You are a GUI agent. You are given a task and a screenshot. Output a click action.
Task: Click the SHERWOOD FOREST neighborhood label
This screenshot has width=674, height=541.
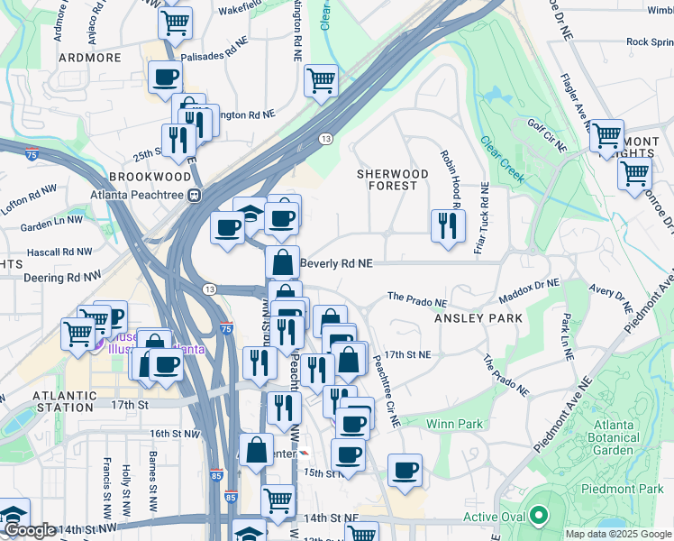[x=392, y=179]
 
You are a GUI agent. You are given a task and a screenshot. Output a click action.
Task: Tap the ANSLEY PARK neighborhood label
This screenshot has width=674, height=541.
[x=473, y=318]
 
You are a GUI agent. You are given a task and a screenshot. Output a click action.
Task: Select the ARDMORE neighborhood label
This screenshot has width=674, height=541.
[x=89, y=57]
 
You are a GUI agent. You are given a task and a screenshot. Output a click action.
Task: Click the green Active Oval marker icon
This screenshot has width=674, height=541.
[x=539, y=516]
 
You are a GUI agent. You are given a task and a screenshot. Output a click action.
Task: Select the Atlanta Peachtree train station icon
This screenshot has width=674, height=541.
[x=193, y=194]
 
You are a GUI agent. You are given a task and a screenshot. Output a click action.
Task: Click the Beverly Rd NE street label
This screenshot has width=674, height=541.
[x=336, y=263]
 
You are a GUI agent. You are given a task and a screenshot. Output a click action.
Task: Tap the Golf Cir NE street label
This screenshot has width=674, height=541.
[x=547, y=133]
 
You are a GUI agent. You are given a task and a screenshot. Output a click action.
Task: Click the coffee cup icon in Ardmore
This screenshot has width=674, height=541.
[x=165, y=78]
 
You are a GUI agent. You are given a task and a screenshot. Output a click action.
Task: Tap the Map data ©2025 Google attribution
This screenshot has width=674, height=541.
[x=617, y=534]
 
